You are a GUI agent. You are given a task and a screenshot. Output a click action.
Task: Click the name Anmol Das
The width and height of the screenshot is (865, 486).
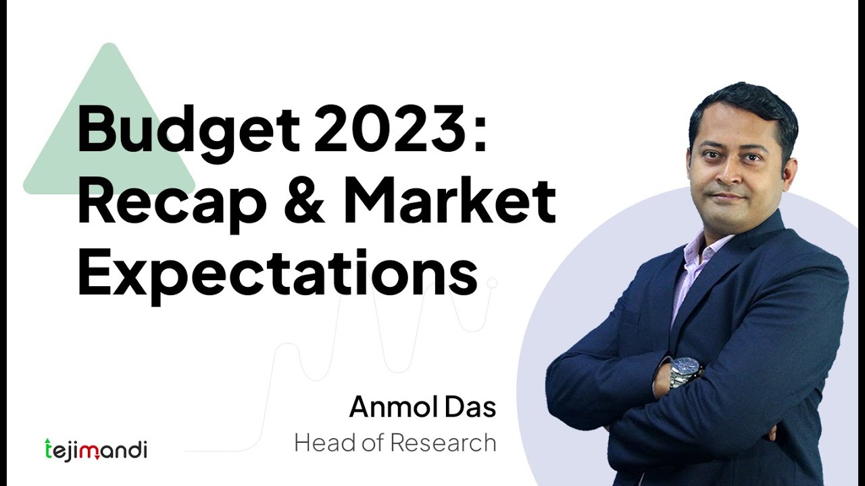click(x=422, y=407)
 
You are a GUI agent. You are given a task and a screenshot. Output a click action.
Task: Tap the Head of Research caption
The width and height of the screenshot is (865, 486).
click(x=395, y=443)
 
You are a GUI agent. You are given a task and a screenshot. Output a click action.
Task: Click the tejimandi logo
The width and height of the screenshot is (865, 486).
click(x=95, y=449)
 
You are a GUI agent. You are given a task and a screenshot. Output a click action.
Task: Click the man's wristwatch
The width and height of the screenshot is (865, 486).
click(x=685, y=371)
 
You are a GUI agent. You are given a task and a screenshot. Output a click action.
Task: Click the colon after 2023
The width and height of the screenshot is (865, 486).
click(x=480, y=132)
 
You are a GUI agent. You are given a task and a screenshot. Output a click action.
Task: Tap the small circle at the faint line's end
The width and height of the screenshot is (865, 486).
click(x=493, y=283)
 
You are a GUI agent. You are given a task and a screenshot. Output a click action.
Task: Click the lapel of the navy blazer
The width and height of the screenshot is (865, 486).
click(x=730, y=270)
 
